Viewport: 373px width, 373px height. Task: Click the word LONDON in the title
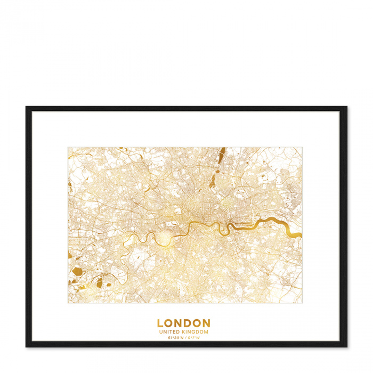tap(183, 323)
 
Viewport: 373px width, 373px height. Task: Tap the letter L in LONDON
tap(160, 323)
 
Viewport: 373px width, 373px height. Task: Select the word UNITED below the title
tap(171, 332)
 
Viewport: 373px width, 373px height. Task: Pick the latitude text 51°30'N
tap(175, 338)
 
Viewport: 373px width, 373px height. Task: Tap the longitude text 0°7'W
tap(193, 338)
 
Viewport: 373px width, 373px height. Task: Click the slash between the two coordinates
tap(185, 338)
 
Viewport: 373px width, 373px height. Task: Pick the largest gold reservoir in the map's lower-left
tap(78, 272)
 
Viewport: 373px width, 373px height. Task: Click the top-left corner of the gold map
tap(68, 148)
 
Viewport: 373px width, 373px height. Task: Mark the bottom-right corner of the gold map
tap(302, 303)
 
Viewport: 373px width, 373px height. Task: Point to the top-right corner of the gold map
tap(302, 148)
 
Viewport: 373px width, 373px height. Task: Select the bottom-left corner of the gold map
tap(68, 303)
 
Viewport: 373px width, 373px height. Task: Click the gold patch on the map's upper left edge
tap(70, 187)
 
